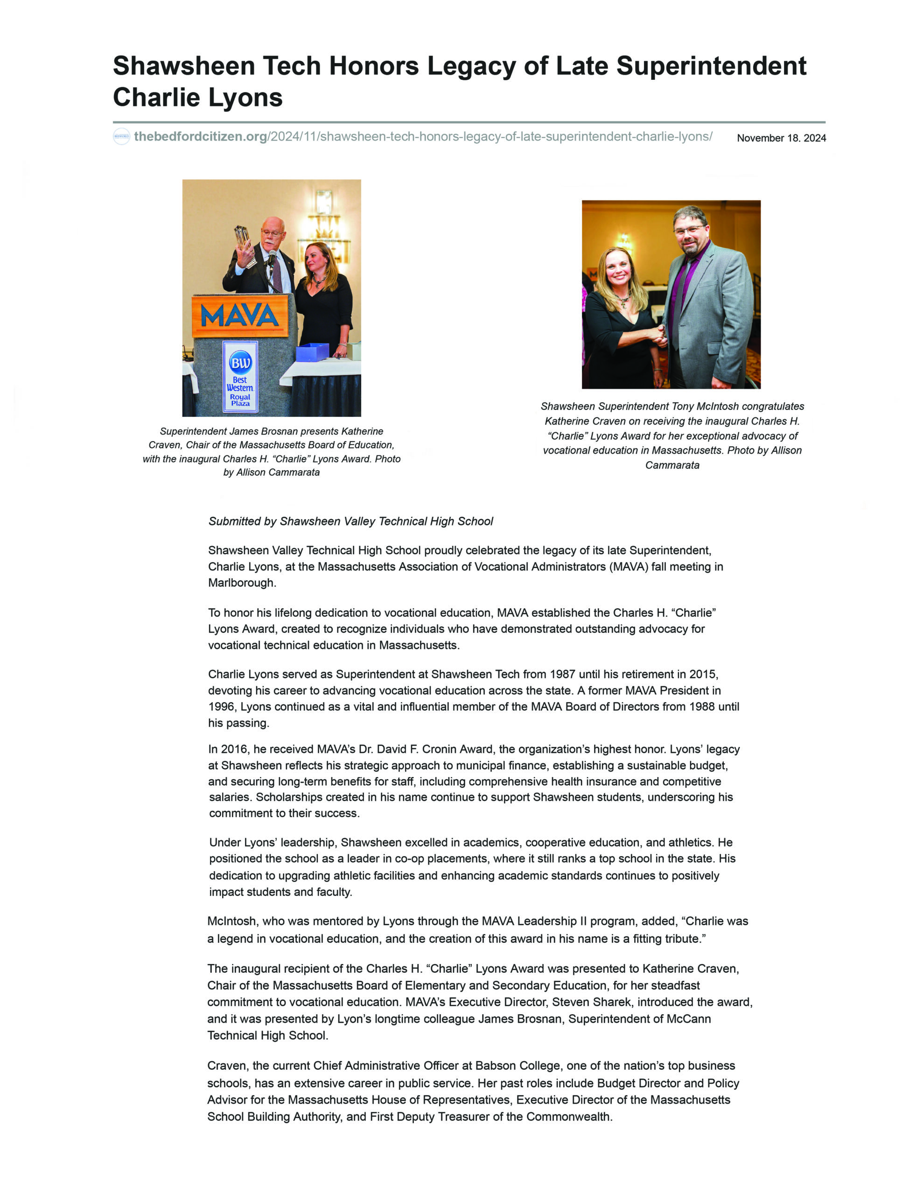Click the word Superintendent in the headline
point(711,66)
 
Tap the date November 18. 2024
point(781,138)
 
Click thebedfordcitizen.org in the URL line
point(200,136)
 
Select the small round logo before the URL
point(121,136)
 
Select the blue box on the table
point(312,352)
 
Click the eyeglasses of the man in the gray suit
point(691,230)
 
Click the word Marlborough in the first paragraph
point(242,583)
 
